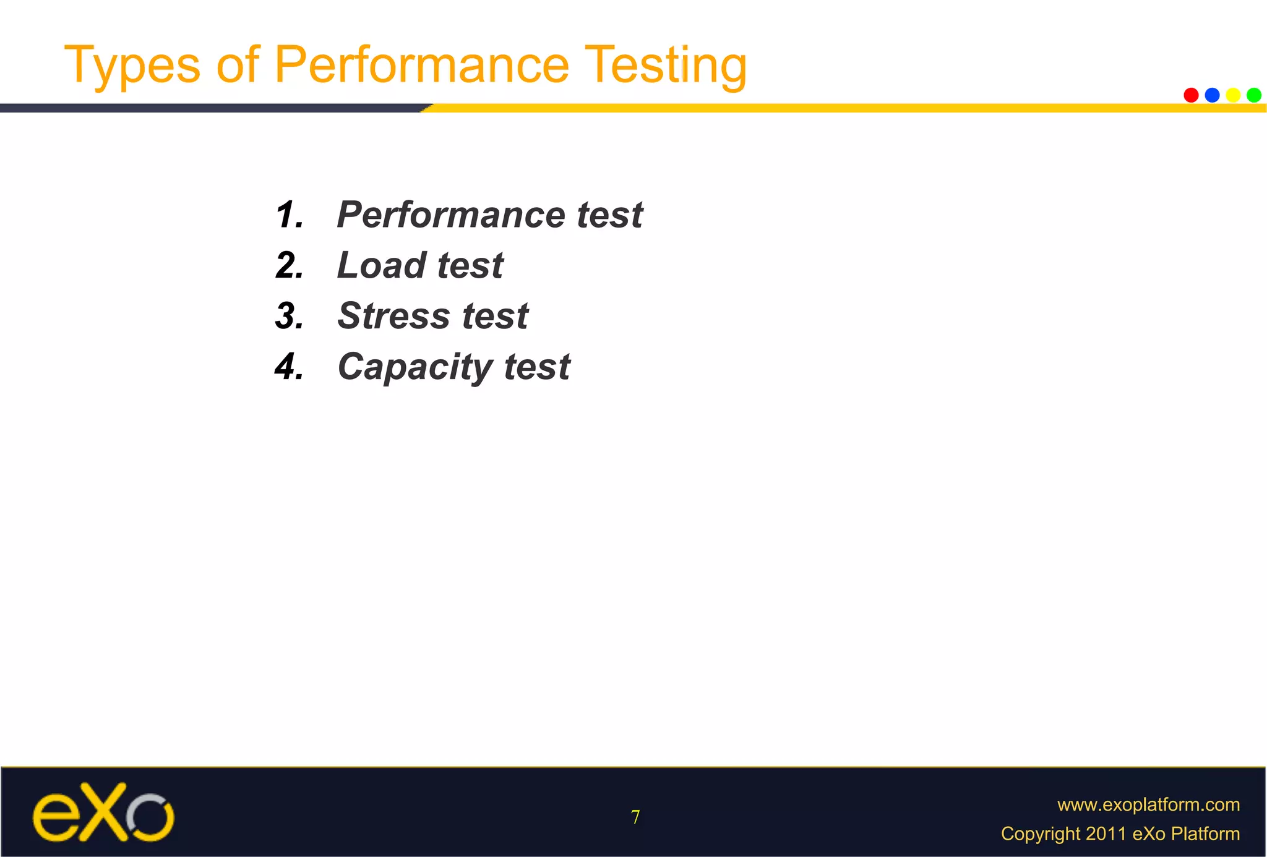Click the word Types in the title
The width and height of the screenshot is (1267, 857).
pos(132,66)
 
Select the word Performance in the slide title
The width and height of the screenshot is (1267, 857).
pos(421,64)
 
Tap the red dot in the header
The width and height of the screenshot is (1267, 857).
pos(1191,95)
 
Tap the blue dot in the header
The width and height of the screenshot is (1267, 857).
pos(1212,95)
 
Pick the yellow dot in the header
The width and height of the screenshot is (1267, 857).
pos(1233,95)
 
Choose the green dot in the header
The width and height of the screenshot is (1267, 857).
pos(1254,95)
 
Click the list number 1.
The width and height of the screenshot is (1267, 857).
pos(289,215)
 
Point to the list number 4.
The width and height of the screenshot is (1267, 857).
pos(289,367)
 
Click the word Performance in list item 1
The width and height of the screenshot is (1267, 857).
pos(451,215)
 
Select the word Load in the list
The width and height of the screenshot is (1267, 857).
pos(382,266)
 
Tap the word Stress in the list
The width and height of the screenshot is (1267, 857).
pos(393,316)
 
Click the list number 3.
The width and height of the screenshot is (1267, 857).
pos(289,316)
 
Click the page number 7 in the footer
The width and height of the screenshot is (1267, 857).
pos(635,817)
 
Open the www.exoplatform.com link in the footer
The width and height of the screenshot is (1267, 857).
pos(1148,804)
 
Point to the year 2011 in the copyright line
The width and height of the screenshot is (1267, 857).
pos(1106,834)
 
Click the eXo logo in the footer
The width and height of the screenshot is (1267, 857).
pos(103,812)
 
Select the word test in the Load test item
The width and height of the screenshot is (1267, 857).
pos(470,266)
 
